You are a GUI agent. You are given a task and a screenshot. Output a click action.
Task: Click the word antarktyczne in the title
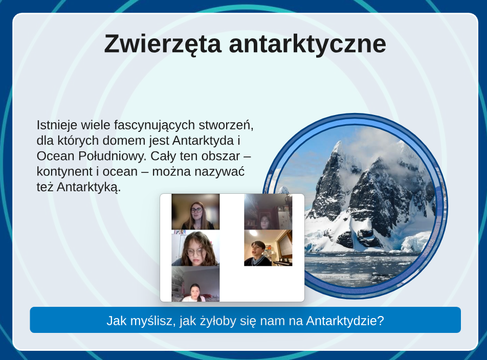(x=307, y=44)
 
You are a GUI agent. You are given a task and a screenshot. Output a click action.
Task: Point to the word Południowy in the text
(x=112, y=156)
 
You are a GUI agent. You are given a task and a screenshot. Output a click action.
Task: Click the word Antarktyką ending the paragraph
(x=88, y=188)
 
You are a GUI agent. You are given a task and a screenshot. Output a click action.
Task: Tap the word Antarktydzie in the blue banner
(x=345, y=321)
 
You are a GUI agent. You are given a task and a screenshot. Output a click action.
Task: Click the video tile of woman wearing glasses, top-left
(x=195, y=212)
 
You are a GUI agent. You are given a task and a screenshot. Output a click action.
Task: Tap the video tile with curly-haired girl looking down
(x=195, y=248)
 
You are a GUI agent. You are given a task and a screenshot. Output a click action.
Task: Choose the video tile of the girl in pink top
(x=195, y=284)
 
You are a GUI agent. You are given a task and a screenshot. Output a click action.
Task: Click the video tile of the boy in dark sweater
(x=268, y=248)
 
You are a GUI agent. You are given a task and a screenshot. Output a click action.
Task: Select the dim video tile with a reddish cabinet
(x=268, y=212)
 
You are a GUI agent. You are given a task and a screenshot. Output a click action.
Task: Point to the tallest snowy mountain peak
(x=339, y=143)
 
